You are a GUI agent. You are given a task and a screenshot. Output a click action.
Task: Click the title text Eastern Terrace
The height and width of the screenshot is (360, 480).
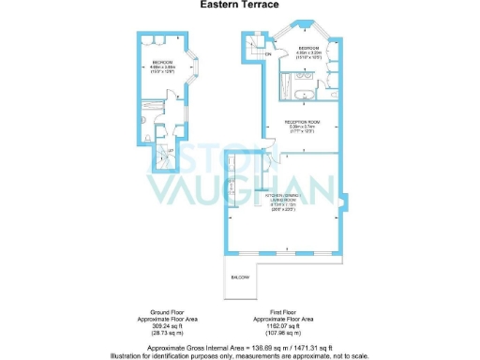[239, 5]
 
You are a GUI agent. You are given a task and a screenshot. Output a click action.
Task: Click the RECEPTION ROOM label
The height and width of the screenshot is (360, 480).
[298, 123]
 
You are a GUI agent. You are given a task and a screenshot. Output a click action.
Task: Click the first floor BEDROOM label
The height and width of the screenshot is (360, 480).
[308, 49]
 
